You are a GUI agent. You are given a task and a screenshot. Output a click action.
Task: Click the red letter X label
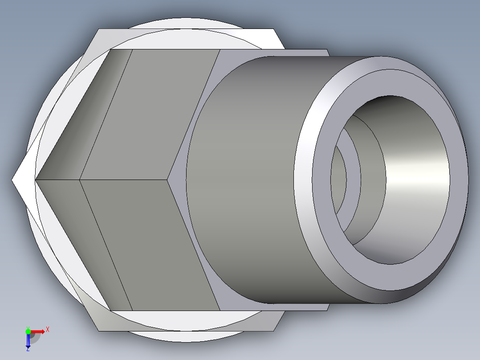coord(48,330)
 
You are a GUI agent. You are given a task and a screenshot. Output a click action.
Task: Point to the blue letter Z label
coord(28,350)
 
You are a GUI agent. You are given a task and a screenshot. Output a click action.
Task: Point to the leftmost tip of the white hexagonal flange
coord(12,180)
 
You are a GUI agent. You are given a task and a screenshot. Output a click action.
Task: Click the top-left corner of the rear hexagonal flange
coord(98,29)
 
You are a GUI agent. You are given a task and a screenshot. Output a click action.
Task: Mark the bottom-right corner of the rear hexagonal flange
coord(273,331)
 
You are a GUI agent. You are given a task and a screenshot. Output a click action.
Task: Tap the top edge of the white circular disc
coord(185,19)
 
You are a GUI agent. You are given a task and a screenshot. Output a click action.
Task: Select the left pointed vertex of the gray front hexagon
coord(36,180)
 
